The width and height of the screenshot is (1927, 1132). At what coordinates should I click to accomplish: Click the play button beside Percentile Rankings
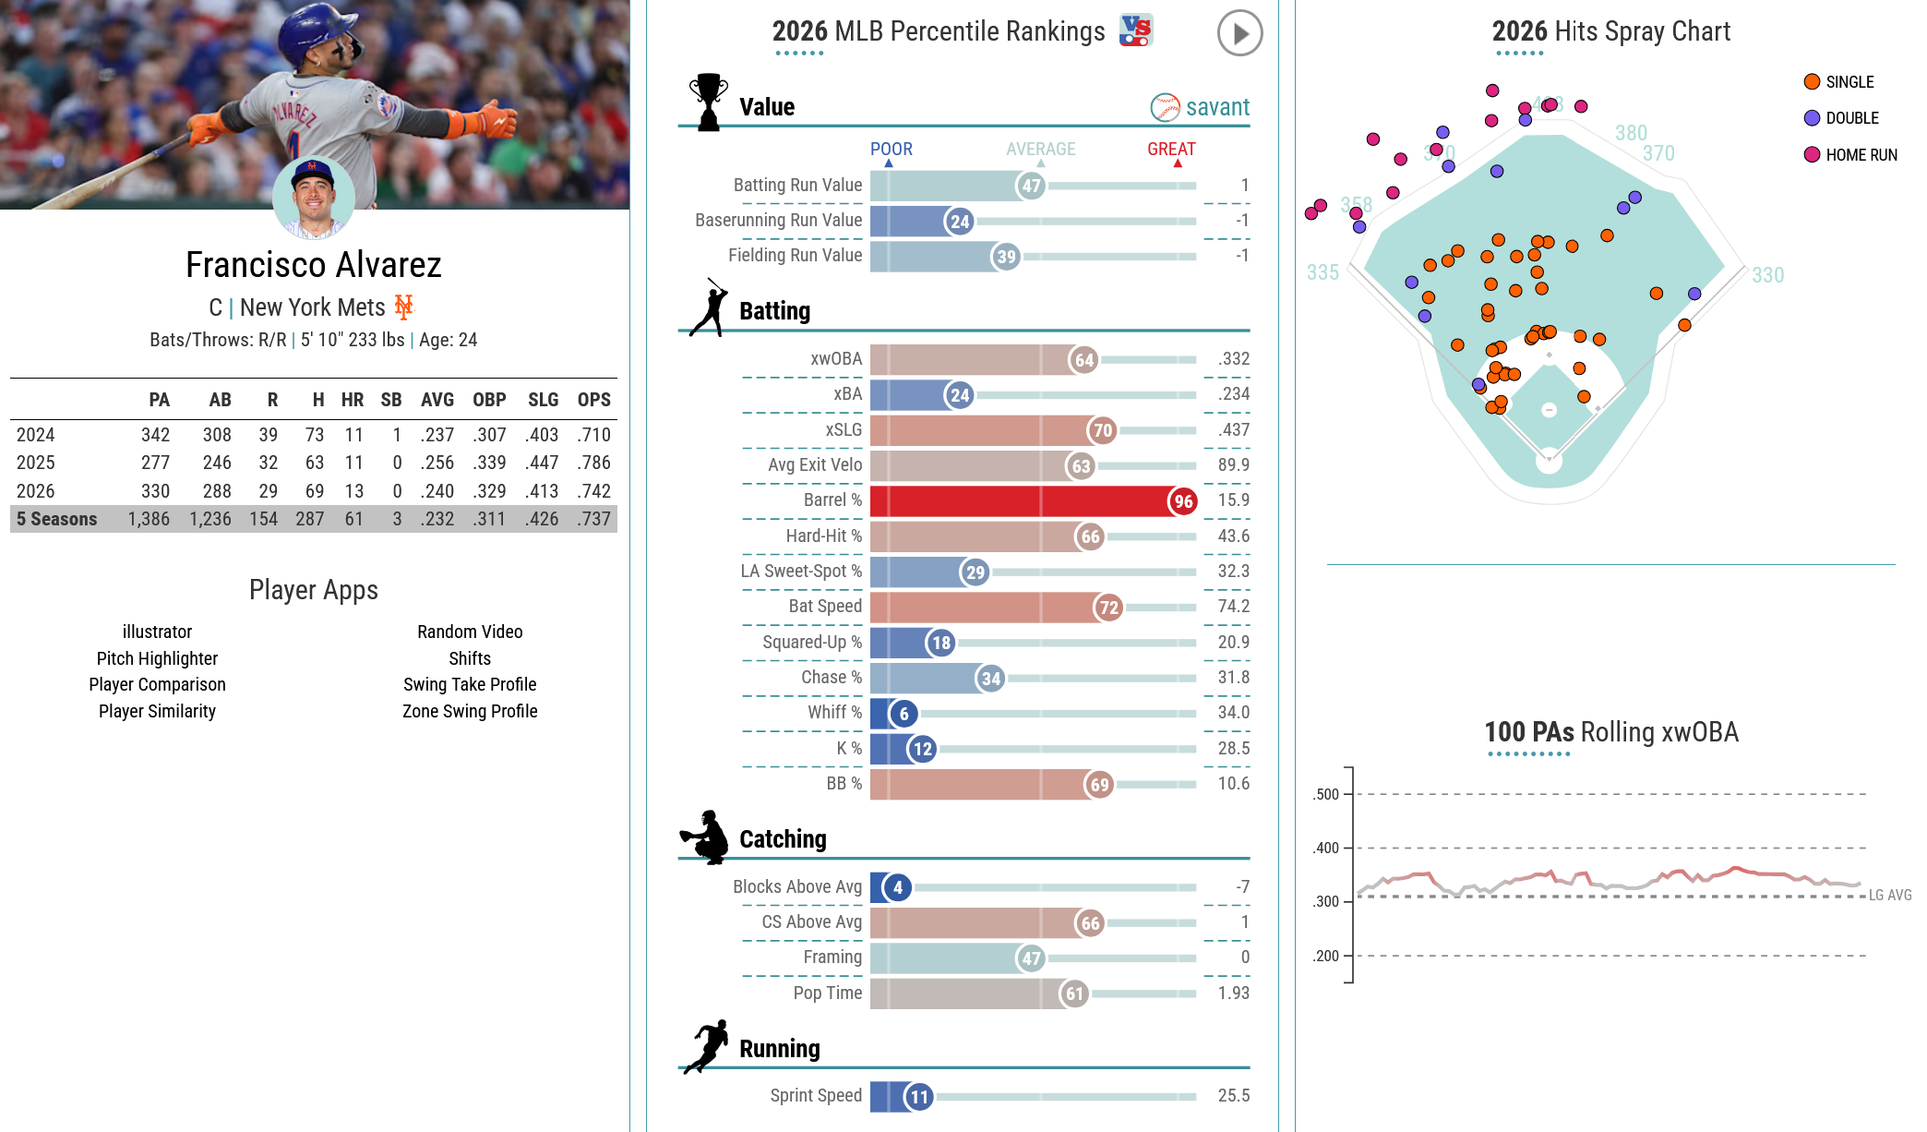[1239, 33]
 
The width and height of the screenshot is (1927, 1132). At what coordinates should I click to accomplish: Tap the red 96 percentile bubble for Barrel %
[1183, 501]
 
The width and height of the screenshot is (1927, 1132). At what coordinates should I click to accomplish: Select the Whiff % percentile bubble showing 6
[904, 713]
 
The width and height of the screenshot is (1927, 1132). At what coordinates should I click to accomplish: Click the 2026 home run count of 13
[353, 491]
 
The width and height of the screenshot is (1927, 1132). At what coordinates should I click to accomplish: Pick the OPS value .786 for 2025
[594, 463]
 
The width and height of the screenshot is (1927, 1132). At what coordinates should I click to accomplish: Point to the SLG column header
[543, 400]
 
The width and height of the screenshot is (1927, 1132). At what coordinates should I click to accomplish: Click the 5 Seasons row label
[56, 519]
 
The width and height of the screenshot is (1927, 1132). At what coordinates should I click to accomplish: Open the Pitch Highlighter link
[157, 658]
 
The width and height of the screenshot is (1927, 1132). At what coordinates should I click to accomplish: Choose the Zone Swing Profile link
[470, 711]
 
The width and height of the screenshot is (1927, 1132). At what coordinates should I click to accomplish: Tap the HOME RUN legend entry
[1850, 155]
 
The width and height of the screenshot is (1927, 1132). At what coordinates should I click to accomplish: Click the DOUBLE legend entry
[1841, 118]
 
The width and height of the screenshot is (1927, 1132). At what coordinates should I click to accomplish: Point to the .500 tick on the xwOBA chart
[1326, 794]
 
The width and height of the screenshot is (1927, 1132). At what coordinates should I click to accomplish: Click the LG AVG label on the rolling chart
[1890, 895]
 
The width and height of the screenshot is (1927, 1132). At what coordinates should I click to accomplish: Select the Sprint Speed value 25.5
[1233, 1096]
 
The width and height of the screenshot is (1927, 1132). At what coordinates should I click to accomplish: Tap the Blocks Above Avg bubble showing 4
[897, 887]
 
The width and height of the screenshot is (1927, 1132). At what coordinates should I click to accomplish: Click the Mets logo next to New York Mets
[404, 307]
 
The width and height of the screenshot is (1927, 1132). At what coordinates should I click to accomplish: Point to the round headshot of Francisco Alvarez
[313, 198]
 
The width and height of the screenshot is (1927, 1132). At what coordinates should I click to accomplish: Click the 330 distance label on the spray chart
[1767, 275]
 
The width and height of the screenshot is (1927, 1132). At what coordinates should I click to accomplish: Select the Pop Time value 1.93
[1233, 994]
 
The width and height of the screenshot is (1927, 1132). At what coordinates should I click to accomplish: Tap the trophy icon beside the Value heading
[709, 102]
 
